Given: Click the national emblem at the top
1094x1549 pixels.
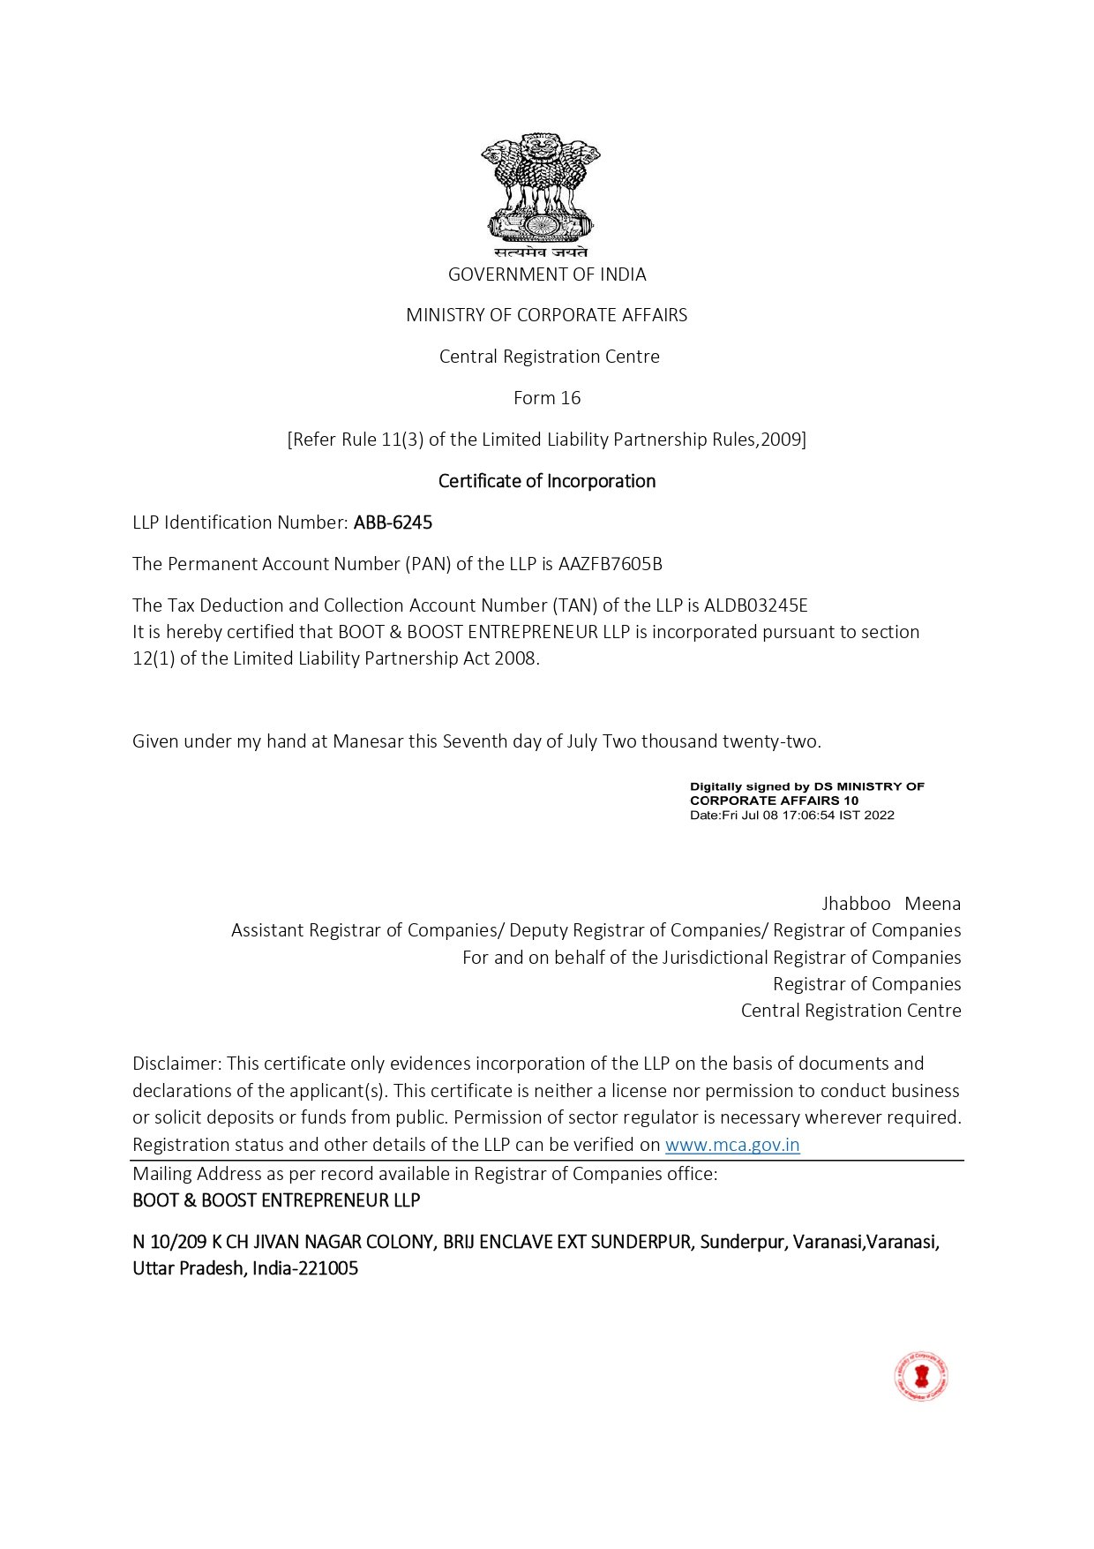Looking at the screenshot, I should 541,190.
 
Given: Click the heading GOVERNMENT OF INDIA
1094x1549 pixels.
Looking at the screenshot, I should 547,274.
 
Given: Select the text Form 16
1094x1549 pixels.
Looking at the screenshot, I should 547,398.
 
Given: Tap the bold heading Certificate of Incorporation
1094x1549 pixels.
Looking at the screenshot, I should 547,481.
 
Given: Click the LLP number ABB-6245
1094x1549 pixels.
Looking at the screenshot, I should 393,523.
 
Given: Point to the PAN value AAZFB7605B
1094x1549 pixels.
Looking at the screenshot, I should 610,564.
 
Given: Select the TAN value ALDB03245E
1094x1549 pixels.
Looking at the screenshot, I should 756,605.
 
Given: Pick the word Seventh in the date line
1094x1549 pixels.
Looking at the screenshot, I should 475,741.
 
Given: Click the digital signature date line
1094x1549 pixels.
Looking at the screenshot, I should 791,816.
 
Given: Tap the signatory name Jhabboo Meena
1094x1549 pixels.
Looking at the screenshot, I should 891,904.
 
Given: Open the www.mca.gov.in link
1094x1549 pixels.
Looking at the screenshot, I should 732,1145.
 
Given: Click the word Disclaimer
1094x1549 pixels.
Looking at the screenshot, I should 176,1064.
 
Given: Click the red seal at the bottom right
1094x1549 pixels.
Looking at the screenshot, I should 920,1375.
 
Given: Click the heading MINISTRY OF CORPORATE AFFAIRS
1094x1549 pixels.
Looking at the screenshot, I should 547,315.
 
